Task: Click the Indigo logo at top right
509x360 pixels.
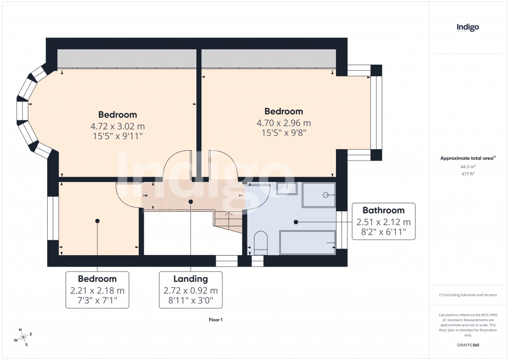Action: pyautogui.click(x=468, y=28)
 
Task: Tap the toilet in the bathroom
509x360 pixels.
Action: pyautogui.click(x=260, y=243)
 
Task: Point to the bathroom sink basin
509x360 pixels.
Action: pyautogui.click(x=286, y=188)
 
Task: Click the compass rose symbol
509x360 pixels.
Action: pyautogui.click(x=23, y=337)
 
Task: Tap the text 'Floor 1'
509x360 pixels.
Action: pyautogui.click(x=216, y=320)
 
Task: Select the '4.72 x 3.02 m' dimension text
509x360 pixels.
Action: pyautogui.click(x=117, y=126)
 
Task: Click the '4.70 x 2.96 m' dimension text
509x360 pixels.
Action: pyautogui.click(x=283, y=123)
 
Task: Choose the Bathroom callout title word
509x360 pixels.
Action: pyautogui.click(x=383, y=210)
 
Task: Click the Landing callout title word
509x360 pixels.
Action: pyautogui.click(x=190, y=279)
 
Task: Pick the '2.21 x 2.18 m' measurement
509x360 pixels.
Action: pyautogui.click(x=97, y=291)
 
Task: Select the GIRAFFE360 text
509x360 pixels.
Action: pyautogui.click(x=467, y=345)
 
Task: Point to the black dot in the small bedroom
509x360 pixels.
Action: pyautogui.click(x=97, y=221)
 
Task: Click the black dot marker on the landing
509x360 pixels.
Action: pyautogui.click(x=191, y=201)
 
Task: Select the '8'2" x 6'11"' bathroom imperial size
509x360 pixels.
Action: pyautogui.click(x=383, y=232)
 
